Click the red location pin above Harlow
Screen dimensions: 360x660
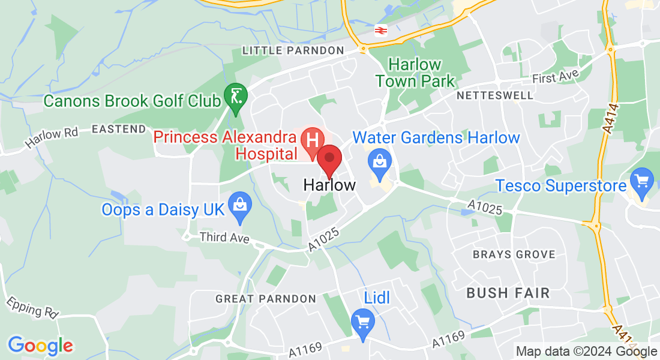(x=329, y=160)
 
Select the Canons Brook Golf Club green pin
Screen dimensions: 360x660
(x=233, y=96)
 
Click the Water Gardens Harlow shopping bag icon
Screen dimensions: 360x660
(x=379, y=161)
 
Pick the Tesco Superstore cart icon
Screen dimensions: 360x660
(x=642, y=179)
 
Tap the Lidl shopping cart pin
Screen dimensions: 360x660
(x=362, y=322)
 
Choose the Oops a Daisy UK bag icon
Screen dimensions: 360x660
(x=240, y=203)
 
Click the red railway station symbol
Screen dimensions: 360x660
(x=380, y=30)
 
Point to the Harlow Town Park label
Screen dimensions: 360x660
(x=415, y=73)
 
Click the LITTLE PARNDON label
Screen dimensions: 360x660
(x=293, y=51)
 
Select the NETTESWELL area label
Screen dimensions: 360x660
(x=494, y=95)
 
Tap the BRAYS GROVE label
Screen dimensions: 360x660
(x=514, y=254)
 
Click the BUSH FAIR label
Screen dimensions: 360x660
(x=508, y=293)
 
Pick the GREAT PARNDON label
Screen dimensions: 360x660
(x=265, y=298)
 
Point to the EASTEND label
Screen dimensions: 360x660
(x=119, y=129)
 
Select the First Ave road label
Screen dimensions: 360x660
(x=556, y=76)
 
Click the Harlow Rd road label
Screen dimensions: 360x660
(x=52, y=139)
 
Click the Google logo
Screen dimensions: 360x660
(x=40, y=346)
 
